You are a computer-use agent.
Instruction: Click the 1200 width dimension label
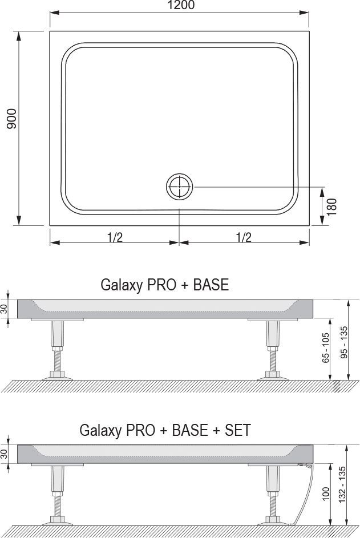pos(181,6)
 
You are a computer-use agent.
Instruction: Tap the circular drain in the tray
pos(180,187)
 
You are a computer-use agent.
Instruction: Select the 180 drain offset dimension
pos(332,207)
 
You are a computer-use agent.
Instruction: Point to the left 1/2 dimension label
pos(115,237)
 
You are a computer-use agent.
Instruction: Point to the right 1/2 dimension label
pos(244,237)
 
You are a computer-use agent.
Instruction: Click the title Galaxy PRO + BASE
pos(164,285)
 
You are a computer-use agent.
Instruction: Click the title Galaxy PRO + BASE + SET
pos(165,430)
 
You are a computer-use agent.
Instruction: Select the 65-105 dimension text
pos(325,348)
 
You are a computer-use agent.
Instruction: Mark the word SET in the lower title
pos(236,430)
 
